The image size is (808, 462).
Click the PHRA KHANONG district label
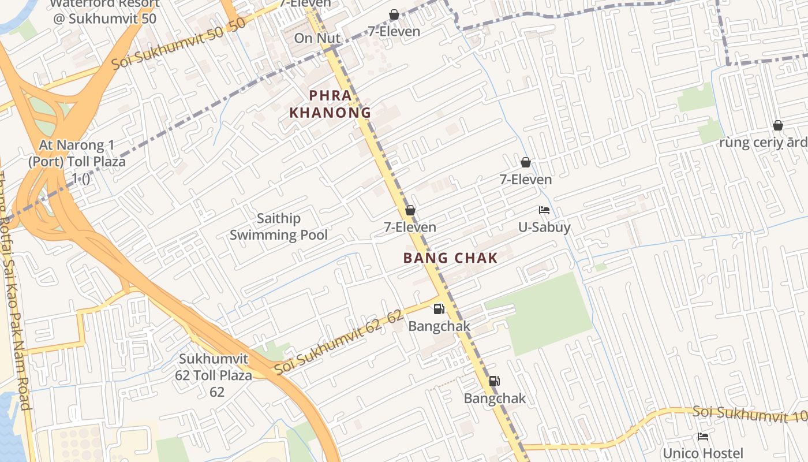coord(330,104)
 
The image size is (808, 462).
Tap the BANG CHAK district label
coord(450,258)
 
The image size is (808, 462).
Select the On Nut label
coord(317,38)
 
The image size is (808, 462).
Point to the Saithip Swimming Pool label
coord(279,226)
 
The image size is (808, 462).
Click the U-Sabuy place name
coord(544,227)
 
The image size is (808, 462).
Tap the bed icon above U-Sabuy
coord(544,210)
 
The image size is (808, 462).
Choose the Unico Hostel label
coord(702,453)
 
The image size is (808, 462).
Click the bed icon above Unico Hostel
coord(703,437)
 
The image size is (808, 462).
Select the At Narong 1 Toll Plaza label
coord(77,161)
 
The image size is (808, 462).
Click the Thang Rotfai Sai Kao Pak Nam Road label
coord(14,289)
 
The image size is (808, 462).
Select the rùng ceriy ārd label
coord(764,142)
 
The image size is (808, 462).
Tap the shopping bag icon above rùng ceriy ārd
coord(777,125)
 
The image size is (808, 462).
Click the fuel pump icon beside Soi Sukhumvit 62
coord(439,309)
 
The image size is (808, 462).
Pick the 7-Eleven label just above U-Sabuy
coord(526,180)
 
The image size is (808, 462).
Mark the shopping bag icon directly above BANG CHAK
coord(410,210)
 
